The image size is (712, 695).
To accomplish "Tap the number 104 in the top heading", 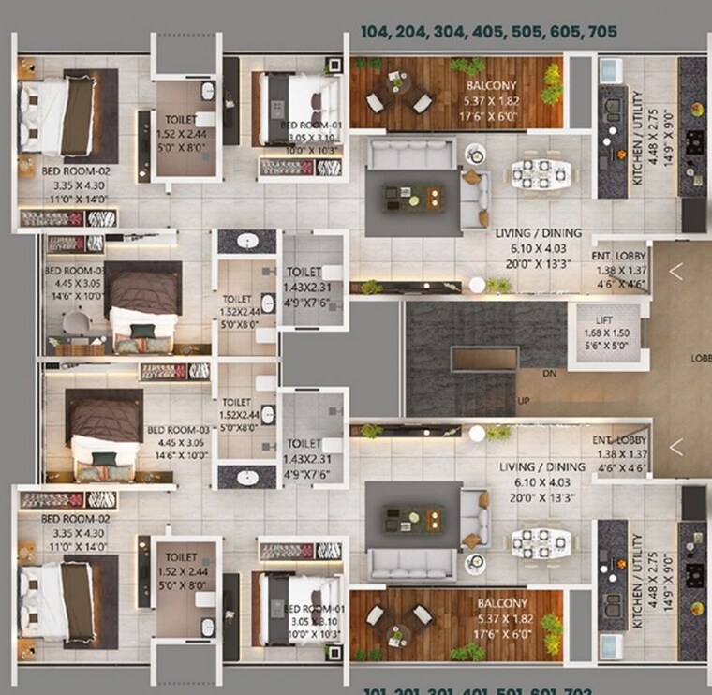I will [376, 32].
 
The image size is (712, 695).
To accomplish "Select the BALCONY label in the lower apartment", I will [502, 604].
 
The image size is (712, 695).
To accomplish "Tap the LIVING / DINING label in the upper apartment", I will [538, 233].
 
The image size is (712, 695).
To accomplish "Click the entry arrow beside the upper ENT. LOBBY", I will [675, 272].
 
